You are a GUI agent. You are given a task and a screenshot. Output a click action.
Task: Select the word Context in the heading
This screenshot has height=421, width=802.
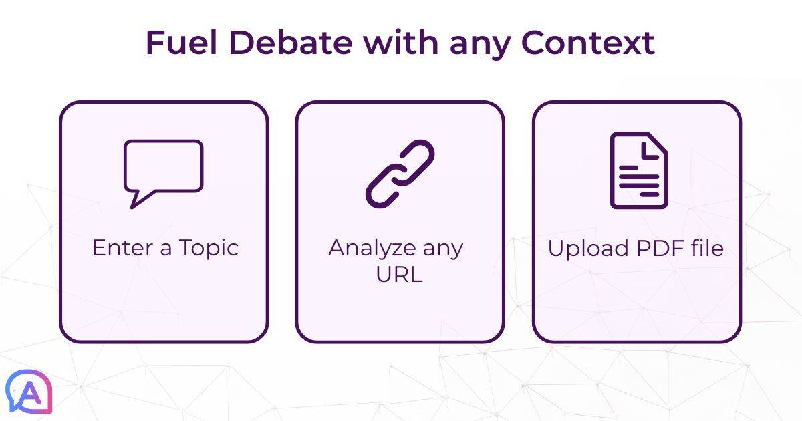pyautogui.click(x=588, y=43)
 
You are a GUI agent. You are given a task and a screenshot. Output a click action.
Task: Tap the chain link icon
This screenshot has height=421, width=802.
pyautogui.click(x=400, y=173)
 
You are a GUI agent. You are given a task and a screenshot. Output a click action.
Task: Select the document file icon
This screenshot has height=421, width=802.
pyautogui.click(x=638, y=170)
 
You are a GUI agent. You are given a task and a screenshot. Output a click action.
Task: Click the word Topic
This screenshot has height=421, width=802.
pyautogui.click(x=209, y=249)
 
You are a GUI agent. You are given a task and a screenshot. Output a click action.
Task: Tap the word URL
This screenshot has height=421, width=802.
pyautogui.click(x=399, y=274)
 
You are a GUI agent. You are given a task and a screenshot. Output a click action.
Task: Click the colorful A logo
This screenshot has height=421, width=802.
pyautogui.click(x=29, y=392)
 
